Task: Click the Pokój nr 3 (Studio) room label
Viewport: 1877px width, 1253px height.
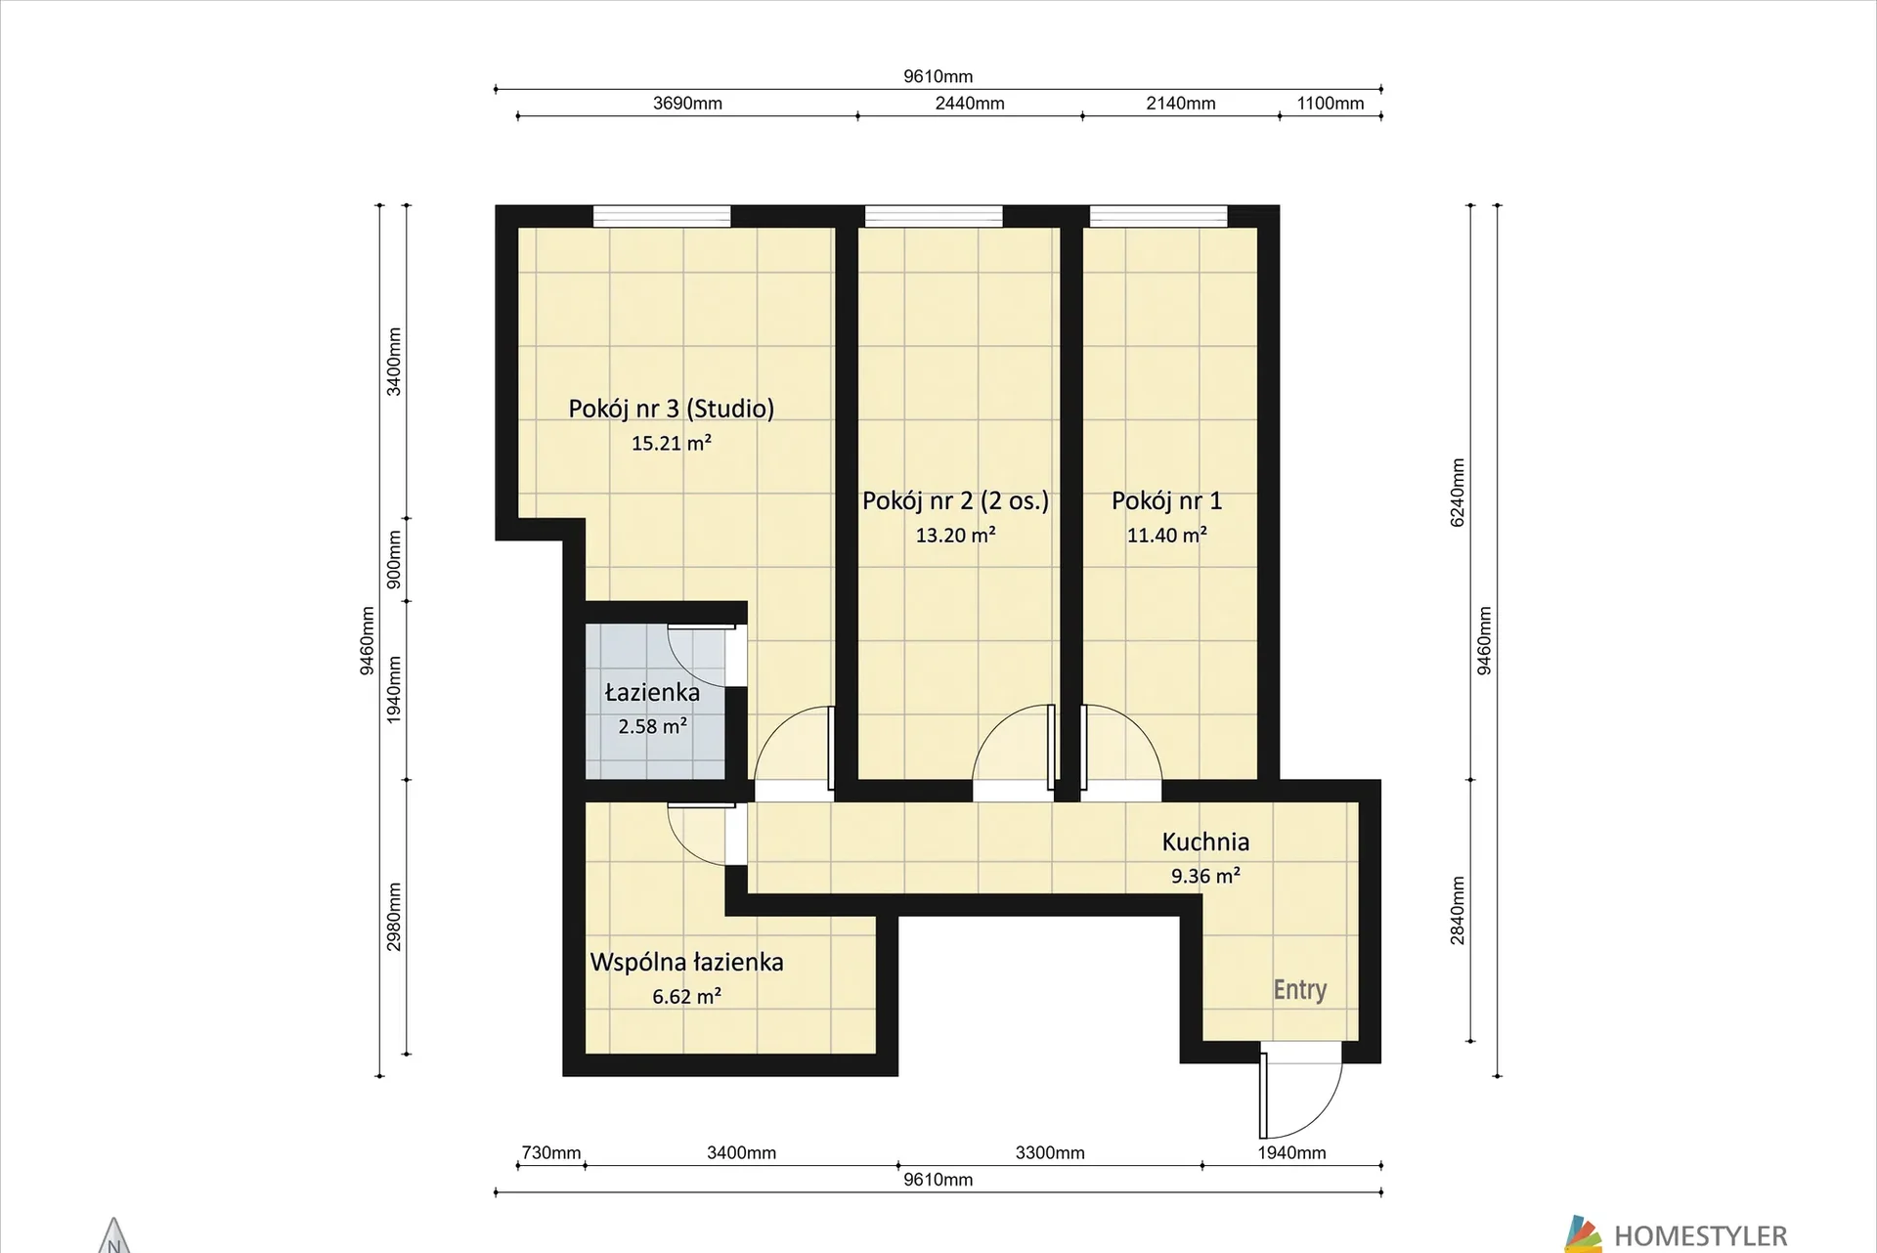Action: click(x=672, y=409)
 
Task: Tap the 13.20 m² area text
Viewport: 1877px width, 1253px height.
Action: click(x=955, y=535)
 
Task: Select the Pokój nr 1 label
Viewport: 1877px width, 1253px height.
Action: click(x=1166, y=500)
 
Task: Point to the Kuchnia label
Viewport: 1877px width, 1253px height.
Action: click(x=1205, y=842)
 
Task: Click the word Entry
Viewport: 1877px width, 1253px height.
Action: click(x=1299, y=990)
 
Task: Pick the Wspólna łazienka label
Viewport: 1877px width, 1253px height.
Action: click(x=686, y=962)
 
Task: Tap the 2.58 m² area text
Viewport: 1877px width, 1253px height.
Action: click(x=652, y=726)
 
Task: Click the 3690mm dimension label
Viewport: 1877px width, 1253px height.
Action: click(x=687, y=104)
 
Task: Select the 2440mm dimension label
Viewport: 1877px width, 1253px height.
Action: click(x=970, y=104)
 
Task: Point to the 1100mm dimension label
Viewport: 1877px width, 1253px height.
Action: click(x=1331, y=104)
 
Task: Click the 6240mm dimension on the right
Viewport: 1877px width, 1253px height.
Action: click(x=1458, y=493)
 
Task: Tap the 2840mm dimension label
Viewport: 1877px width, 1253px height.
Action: click(x=1458, y=910)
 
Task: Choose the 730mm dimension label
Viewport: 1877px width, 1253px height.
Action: click(x=551, y=1153)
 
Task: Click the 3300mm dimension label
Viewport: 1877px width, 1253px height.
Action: click(x=1050, y=1153)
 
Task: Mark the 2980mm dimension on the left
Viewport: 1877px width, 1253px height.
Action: click(x=394, y=917)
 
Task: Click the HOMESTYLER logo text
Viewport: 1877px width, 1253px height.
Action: click(x=1700, y=1236)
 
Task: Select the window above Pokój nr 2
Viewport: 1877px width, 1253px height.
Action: click(x=934, y=216)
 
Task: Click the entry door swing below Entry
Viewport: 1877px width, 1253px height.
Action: click(x=1301, y=1096)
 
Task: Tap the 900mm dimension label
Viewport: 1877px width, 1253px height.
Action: click(x=394, y=559)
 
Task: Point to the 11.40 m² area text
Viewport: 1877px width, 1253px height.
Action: click(x=1166, y=535)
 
